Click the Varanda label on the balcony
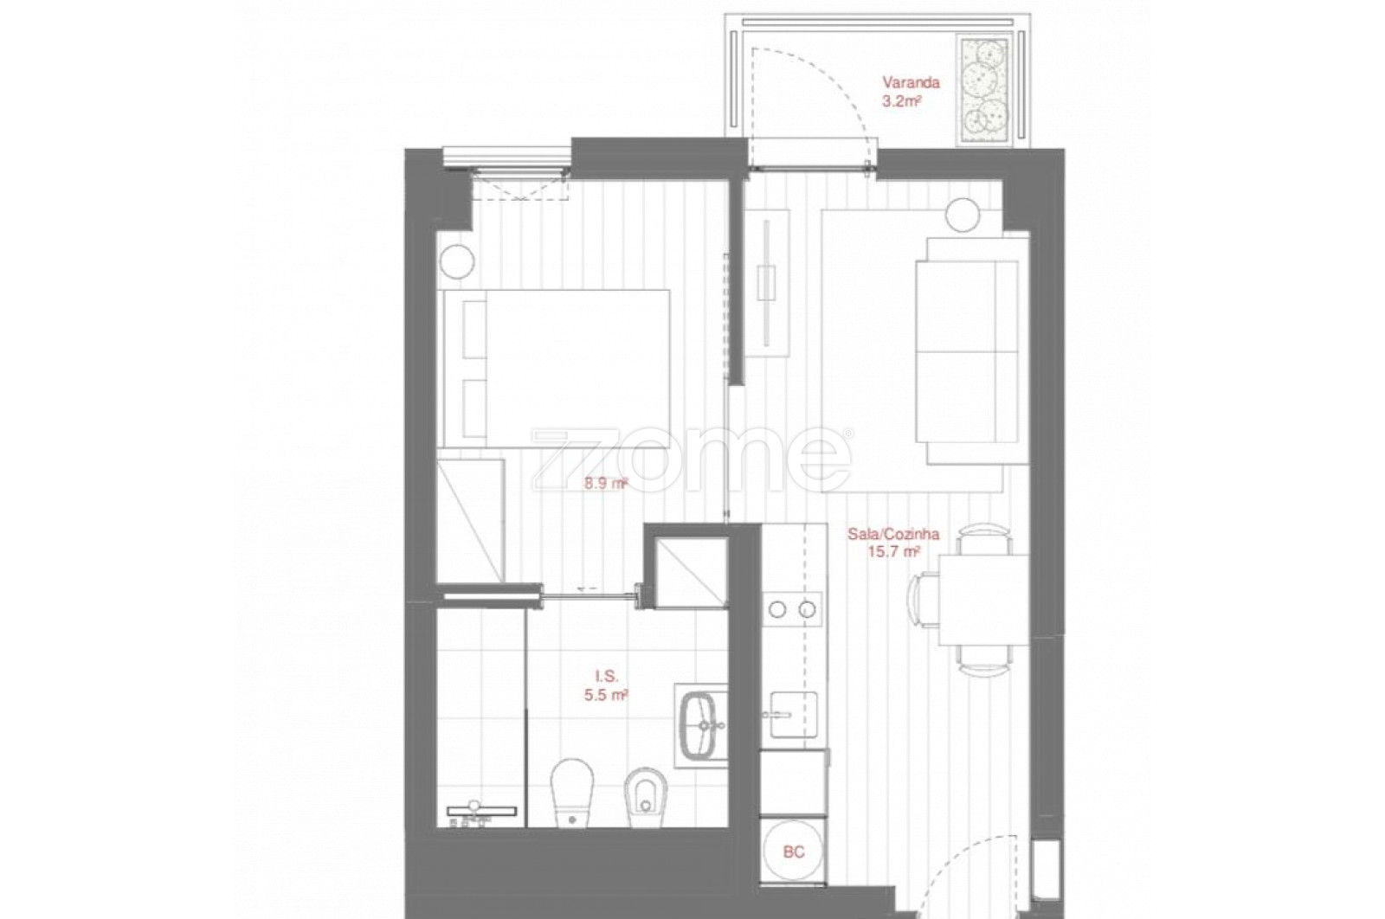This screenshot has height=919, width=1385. pyautogui.click(x=911, y=82)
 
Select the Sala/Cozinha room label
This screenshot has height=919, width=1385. pyautogui.click(x=893, y=534)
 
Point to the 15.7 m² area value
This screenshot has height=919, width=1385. pyautogui.click(x=892, y=552)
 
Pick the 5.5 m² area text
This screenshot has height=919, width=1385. pyautogui.click(x=606, y=695)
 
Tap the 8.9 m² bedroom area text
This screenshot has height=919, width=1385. pyautogui.click(x=606, y=484)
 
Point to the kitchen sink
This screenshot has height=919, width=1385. pyautogui.click(x=794, y=715)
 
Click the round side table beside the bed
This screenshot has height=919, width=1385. pyautogui.click(x=457, y=261)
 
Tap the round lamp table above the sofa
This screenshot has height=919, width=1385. pyautogui.click(x=963, y=214)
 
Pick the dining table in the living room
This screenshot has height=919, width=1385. pyautogui.click(x=983, y=600)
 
